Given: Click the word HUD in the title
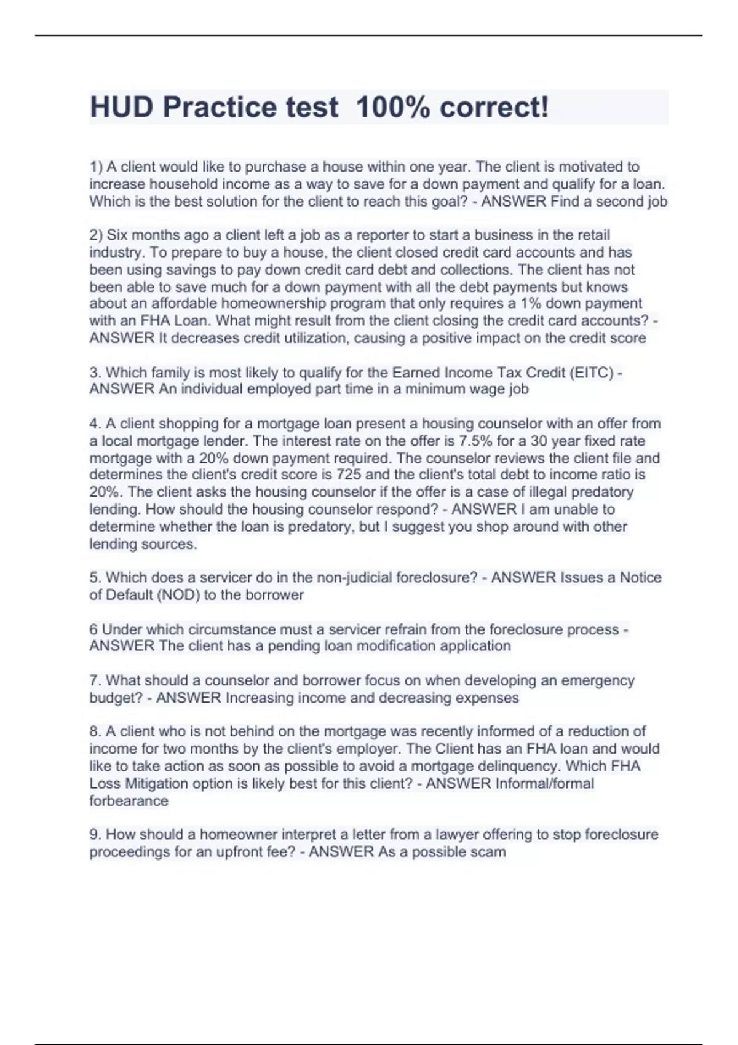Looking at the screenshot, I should coord(122,108).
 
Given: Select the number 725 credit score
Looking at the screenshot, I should coord(349,475).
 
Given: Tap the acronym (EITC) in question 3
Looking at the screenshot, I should coord(592,373).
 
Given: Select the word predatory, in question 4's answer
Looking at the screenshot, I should coord(323,527).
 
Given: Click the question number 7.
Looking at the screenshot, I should coord(95,680).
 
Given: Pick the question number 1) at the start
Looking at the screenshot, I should coord(96,167).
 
